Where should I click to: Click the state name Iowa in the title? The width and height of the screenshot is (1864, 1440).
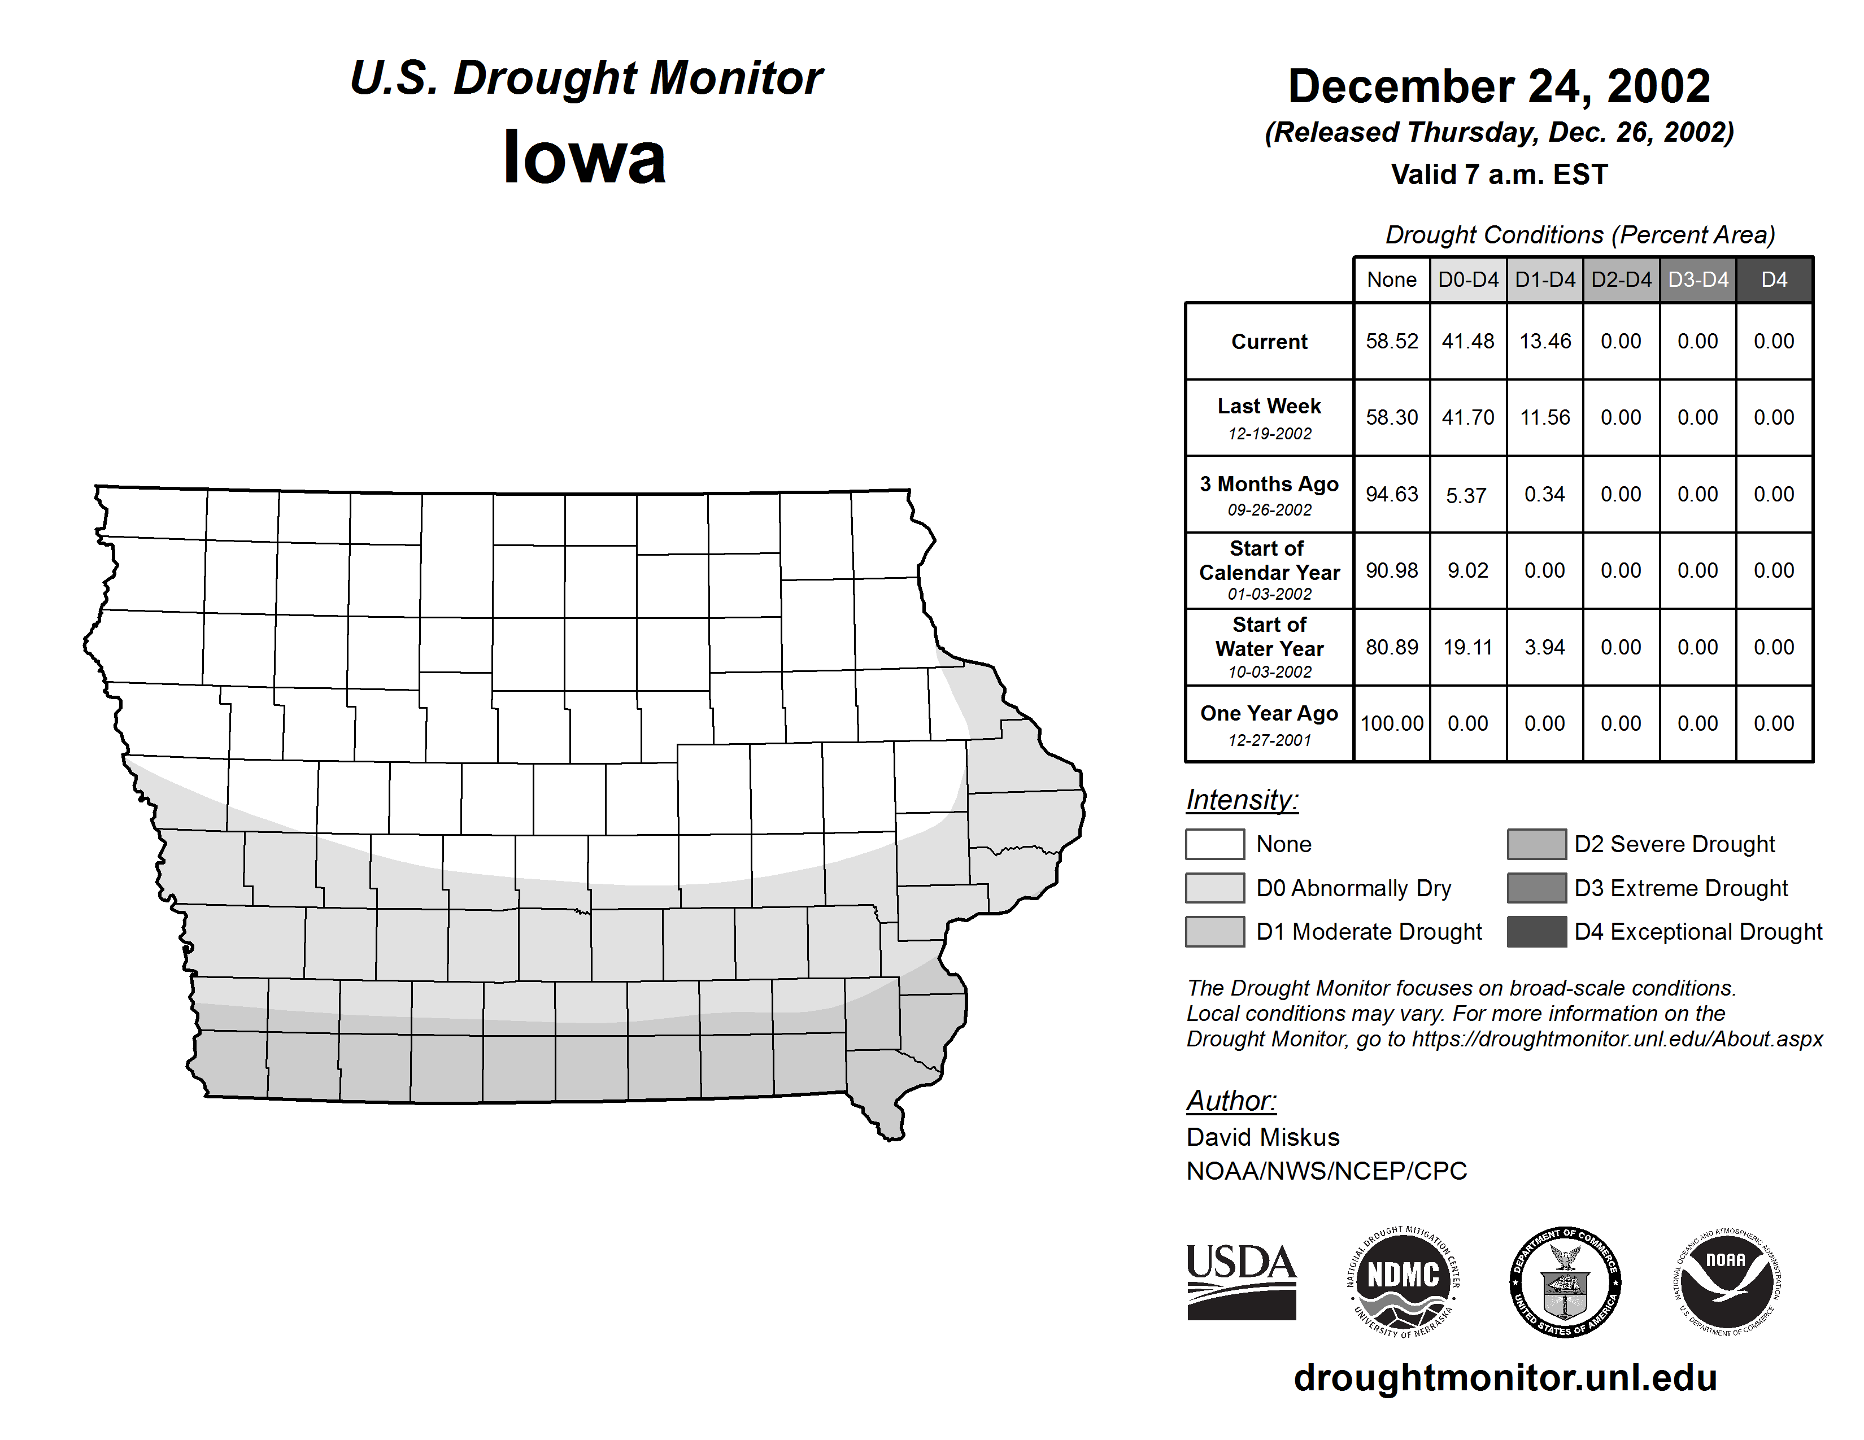click(584, 157)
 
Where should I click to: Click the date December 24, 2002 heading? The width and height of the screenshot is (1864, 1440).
click(1499, 86)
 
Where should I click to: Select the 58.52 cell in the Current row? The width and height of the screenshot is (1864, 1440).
click(1391, 341)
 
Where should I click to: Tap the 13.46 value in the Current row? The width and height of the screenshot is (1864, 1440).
click(1545, 341)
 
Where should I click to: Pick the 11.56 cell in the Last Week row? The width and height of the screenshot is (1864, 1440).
click(1545, 417)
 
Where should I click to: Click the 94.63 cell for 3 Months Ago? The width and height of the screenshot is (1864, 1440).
click(1391, 494)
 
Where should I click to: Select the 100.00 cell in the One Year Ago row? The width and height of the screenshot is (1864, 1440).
click(1391, 723)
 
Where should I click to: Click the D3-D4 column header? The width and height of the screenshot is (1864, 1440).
click(1697, 280)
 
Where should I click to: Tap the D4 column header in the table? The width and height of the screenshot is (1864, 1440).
click(1774, 280)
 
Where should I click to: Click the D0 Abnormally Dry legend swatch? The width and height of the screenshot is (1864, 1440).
click(1214, 887)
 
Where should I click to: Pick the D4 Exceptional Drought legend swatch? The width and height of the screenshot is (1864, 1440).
click(1536, 932)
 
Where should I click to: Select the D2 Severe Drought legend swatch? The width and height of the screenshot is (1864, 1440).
click(1536, 844)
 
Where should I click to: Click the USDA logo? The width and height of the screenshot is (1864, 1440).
click(1241, 1281)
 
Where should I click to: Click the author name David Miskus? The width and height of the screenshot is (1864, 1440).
click(1262, 1137)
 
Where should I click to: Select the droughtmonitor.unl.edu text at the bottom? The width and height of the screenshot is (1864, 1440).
click(1505, 1378)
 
